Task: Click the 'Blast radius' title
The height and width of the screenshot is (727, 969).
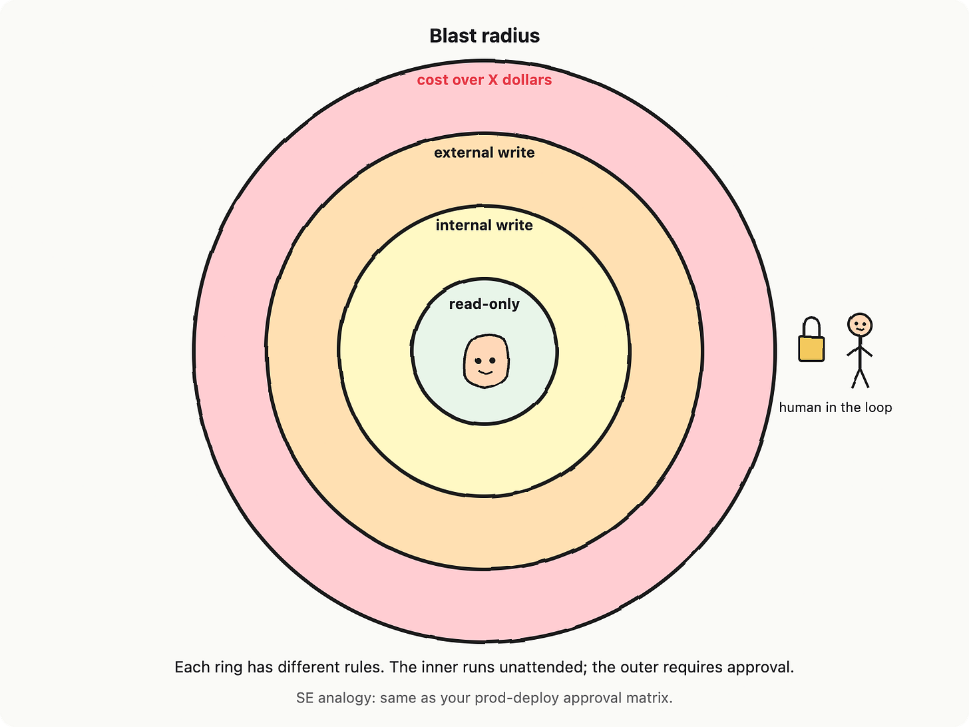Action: pyautogui.click(x=484, y=36)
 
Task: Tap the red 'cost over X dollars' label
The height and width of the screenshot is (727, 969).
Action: pyautogui.click(x=484, y=80)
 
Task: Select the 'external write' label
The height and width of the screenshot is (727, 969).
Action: pyautogui.click(x=484, y=152)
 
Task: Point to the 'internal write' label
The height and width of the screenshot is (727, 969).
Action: pyautogui.click(x=484, y=226)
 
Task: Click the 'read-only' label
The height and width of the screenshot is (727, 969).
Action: pyautogui.click(x=484, y=304)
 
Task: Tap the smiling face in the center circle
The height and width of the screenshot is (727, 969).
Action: pyautogui.click(x=486, y=361)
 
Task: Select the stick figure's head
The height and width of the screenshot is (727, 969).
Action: pyautogui.click(x=859, y=326)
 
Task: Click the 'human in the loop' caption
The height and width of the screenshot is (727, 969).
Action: pyautogui.click(x=835, y=407)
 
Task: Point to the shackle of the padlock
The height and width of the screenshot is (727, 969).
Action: pyautogui.click(x=811, y=327)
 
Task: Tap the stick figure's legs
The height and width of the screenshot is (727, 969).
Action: pyautogui.click(x=861, y=378)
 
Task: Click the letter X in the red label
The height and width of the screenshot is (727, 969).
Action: pyautogui.click(x=492, y=80)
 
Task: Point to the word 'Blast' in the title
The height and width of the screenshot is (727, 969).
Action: pyautogui.click(x=453, y=36)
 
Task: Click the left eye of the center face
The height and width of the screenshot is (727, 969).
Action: pyautogui.click(x=478, y=361)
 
